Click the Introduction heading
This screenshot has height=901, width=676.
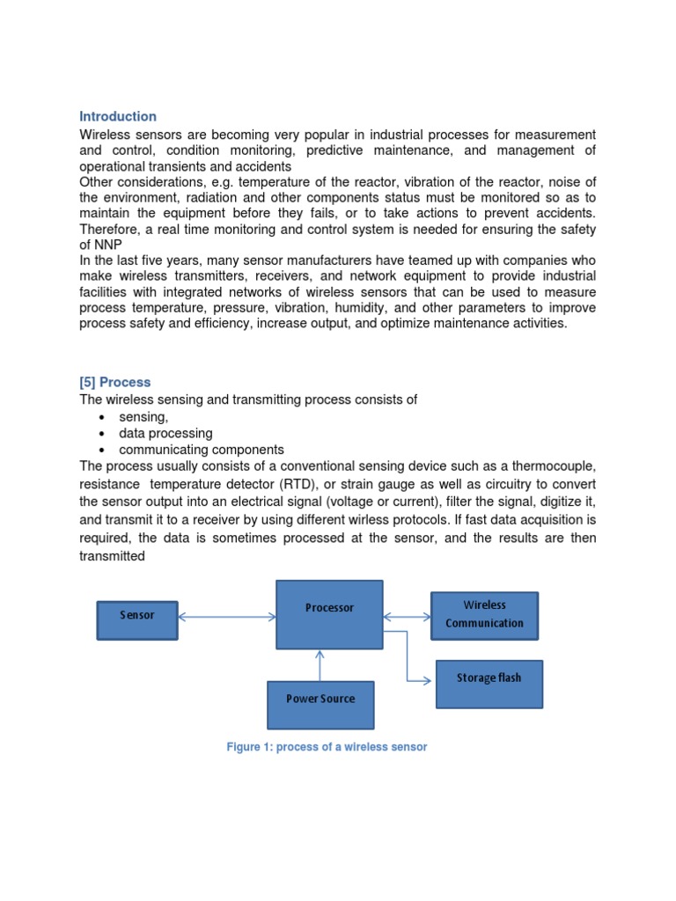(x=118, y=116)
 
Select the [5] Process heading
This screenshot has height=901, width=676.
(x=114, y=382)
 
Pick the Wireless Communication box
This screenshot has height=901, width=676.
(x=484, y=614)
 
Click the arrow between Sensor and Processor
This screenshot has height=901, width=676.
(x=227, y=617)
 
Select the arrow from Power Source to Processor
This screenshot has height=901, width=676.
(x=320, y=666)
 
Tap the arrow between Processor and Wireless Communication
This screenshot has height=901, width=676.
(x=407, y=616)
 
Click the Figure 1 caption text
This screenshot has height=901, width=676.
(x=327, y=747)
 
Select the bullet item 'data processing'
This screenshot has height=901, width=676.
(x=165, y=433)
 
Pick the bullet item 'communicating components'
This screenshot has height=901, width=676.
(x=202, y=450)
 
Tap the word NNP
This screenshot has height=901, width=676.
(x=108, y=245)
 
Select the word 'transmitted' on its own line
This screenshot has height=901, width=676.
(x=112, y=556)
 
